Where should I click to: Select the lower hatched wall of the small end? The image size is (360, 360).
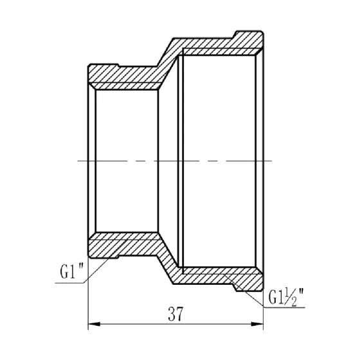(125, 246)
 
